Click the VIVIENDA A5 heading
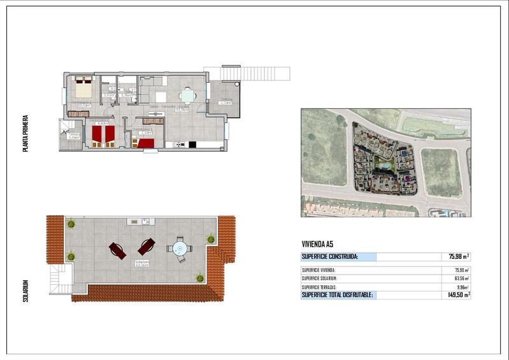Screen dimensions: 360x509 (x=317, y=244)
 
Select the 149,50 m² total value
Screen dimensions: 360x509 (x=459, y=295)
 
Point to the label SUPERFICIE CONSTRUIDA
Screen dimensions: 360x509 (x=330, y=257)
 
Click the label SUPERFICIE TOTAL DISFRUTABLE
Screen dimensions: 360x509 (x=337, y=295)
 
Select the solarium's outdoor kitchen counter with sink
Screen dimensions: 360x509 (x=141, y=221)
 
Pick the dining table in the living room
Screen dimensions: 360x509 (x=187, y=96)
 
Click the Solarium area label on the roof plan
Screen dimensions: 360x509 (x=141, y=263)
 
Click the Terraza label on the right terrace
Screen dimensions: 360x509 (x=226, y=100)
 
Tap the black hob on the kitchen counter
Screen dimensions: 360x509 (x=192, y=145)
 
